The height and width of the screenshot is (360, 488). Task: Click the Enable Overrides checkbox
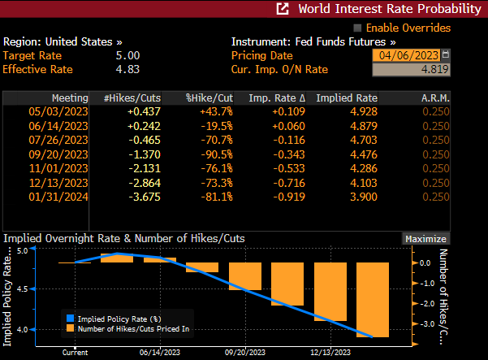(357, 28)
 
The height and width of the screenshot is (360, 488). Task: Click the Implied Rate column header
(346, 98)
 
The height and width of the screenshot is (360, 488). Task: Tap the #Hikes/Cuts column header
(132, 98)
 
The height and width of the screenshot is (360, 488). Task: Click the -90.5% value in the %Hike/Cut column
(216, 154)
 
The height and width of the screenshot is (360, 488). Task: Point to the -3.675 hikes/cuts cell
(144, 197)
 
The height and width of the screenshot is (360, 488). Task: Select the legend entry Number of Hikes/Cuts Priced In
(134, 328)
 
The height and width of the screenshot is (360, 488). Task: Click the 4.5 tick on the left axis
(22, 290)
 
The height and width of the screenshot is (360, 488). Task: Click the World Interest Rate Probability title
(389, 9)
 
